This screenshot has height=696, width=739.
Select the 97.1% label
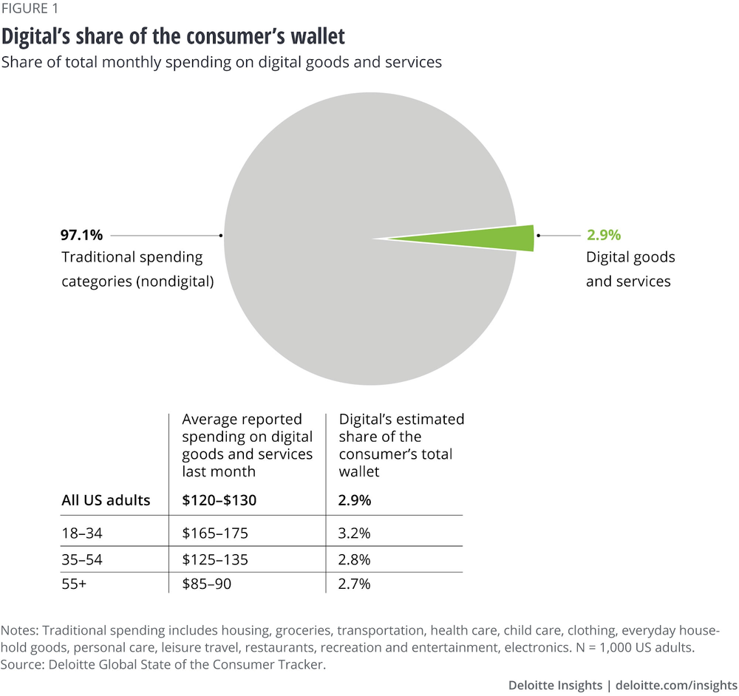[x=81, y=236]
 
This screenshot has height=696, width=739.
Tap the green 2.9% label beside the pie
[x=604, y=236]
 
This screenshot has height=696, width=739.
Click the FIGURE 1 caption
[x=32, y=10]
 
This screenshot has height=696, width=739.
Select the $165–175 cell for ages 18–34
[x=215, y=533]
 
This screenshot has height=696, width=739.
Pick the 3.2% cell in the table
[x=355, y=533]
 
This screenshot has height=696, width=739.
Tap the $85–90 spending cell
[x=206, y=584]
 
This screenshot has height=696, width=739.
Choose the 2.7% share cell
[x=355, y=584]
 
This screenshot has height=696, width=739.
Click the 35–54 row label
[x=82, y=559]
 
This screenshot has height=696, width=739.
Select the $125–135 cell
[x=215, y=559]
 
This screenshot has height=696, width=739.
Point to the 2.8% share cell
[x=355, y=559]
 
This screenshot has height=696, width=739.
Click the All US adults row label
[x=106, y=500]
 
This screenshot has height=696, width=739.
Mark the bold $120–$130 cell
[x=219, y=500]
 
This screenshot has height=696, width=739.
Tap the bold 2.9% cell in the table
[x=355, y=500]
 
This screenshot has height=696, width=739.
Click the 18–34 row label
[x=82, y=533]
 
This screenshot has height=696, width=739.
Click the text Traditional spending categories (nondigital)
[x=137, y=269]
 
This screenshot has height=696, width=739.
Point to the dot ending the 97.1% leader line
[x=221, y=236]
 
